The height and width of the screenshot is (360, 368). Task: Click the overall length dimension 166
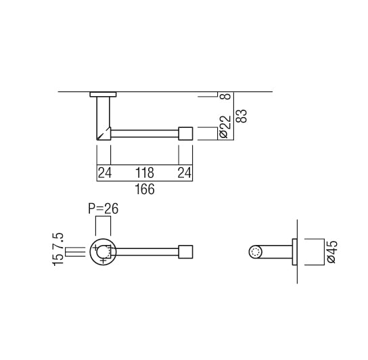144,189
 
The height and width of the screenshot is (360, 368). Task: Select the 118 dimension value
145,173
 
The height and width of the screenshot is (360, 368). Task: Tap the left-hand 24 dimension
104,173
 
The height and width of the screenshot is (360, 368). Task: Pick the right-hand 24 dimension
185,173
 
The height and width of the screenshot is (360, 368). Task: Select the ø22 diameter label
225,127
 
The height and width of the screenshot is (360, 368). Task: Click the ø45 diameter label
331,252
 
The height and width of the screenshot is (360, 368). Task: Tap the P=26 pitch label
103,209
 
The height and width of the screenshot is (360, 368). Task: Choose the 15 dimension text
60,261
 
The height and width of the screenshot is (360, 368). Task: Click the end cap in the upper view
185,133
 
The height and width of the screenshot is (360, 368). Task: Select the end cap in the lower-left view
185,252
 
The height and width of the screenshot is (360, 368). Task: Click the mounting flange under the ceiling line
103,94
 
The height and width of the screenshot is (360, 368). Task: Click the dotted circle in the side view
255,252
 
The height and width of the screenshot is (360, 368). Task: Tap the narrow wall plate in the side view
294,252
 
